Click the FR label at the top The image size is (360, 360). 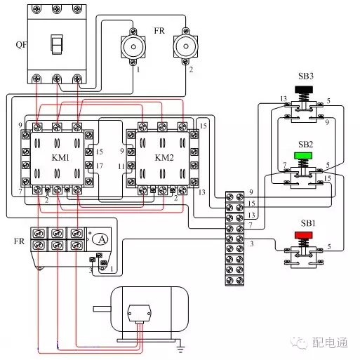[159, 32]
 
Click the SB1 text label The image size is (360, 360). [307, 223]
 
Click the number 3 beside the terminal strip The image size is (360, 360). [251, 243]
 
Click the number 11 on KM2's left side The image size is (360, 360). [121, 166]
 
